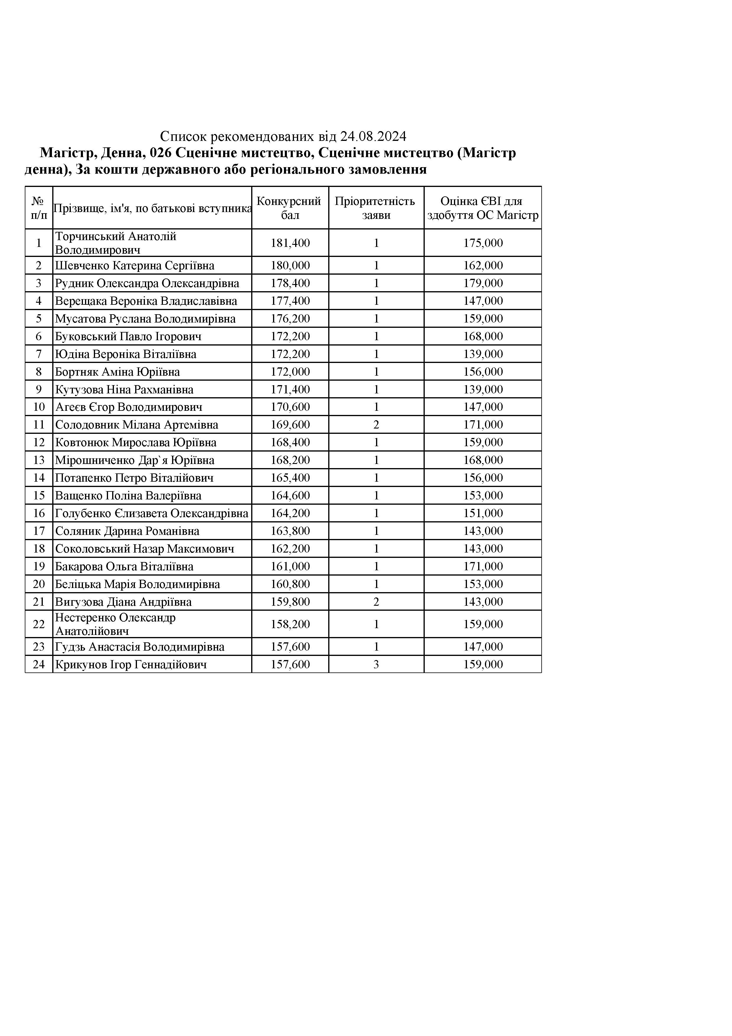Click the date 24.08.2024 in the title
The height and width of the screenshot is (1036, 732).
(373, 136)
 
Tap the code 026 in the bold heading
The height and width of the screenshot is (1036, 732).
(160, 153)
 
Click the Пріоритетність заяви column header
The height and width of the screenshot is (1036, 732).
(376, 208)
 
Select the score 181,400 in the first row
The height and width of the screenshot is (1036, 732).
(290, 243)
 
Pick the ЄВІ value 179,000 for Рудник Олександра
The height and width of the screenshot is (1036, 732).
(483, 283)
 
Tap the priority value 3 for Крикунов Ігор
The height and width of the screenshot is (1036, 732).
(376, 664)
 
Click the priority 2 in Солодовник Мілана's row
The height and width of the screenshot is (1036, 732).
(376, 425)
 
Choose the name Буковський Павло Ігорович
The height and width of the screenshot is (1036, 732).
(128, 336)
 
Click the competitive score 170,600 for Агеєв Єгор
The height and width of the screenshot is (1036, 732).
(290, 407)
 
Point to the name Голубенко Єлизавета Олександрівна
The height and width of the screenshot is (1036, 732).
(151, 513)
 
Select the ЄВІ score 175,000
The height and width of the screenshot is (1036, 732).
(483, 243)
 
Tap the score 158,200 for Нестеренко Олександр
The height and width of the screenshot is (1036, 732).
(290, 624)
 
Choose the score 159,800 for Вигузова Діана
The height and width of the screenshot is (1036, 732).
(290, 602)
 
